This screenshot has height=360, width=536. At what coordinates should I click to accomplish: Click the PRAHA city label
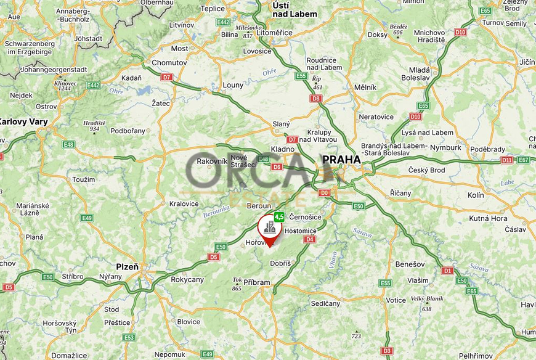pos(341,160)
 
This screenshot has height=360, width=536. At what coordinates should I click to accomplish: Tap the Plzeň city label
pos(128,267)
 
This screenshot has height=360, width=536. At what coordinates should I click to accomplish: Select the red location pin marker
pos(270,229)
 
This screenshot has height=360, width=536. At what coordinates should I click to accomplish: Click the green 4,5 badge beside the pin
pos(279,217)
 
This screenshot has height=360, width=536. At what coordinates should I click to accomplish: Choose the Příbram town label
pos(257,282)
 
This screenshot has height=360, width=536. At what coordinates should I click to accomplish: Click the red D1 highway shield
pos(447,271)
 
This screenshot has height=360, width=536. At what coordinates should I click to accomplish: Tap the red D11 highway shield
pos(506,160)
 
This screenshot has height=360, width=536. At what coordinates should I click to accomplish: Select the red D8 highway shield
pos(316,98)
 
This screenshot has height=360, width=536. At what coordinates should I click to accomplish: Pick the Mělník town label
pos(365,88)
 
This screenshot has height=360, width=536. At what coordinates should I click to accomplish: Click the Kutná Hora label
pos(489,218)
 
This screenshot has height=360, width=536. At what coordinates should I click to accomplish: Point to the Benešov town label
pos(410,264)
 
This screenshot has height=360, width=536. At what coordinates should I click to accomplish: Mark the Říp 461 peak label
pos(317,83)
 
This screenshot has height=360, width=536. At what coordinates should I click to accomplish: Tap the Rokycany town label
pos(187,279)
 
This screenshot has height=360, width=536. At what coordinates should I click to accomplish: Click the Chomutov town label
pos(169,63)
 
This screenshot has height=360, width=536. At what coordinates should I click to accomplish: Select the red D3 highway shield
pos(387,351)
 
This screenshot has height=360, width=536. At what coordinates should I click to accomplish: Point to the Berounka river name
pos(217,211)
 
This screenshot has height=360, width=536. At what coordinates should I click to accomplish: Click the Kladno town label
pos(282,149)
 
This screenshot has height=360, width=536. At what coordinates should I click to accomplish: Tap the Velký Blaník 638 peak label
pos(426,302)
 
